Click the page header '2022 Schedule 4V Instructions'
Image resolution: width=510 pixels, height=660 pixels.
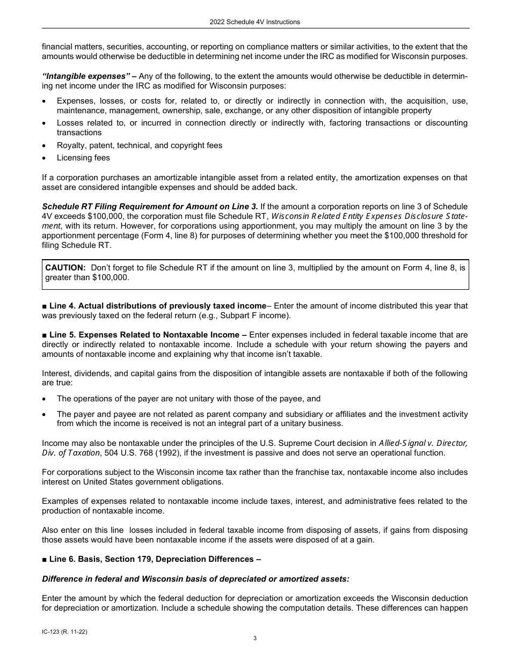pyautogui.click(x=255, y=22)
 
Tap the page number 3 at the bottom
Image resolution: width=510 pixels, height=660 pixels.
pyautogui.click(x=255, y=638)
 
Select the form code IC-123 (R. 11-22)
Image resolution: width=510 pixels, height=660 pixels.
pyautogui.click(x=64, y=632)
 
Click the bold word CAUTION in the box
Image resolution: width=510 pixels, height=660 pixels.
pyautogui.click(x=65, y=267)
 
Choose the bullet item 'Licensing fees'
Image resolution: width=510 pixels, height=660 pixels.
pyautogui.click(x=83, y=158)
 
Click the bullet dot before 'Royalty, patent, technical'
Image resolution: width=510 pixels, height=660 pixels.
pyautogui.click(x=45, y=145)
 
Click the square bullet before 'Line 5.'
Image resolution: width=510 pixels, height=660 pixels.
pyautogui.click(x=45, y=335)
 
